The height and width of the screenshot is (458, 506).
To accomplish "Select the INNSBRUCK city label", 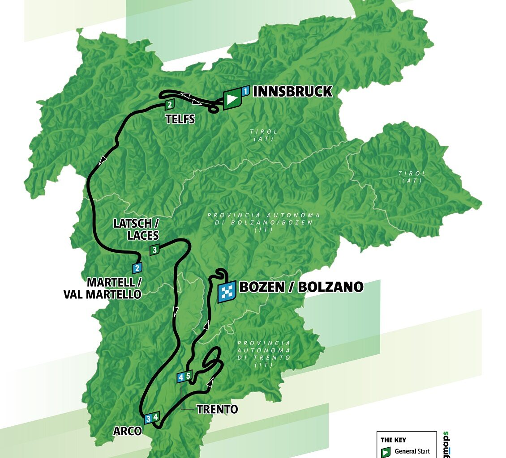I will coord(292,92).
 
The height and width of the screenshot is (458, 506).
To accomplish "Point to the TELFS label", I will coord(180,119).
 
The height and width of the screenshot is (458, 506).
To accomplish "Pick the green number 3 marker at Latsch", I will coord(154,250).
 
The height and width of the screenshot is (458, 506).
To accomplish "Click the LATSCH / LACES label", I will coord(137,229).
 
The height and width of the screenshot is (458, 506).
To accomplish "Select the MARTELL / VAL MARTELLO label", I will coord(114,288).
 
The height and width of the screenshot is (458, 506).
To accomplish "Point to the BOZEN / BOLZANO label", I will coord(301,287).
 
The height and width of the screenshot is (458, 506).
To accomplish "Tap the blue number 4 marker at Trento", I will coord(181,377).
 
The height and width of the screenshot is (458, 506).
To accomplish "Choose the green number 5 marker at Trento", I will coord(189,376).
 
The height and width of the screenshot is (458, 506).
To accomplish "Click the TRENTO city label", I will coord(217,409).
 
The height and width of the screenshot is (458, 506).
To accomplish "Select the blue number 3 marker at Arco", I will coord(148,419).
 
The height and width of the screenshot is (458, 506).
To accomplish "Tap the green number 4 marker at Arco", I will coord(155,417).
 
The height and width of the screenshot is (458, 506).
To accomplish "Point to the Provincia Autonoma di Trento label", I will coord(263,354).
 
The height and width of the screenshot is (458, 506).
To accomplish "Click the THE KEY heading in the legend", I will coord(393,440).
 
